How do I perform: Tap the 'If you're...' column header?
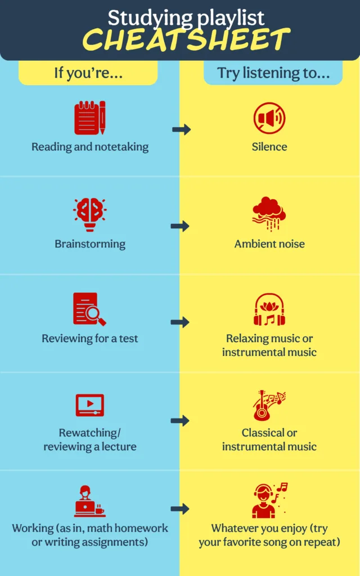88,73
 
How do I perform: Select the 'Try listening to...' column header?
273,73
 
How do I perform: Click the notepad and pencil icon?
90,118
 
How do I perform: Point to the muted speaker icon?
269,118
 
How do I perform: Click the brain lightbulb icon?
90,214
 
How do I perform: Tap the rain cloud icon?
269,214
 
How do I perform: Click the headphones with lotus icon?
269,310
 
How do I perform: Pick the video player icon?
90,405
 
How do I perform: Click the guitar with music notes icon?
269,406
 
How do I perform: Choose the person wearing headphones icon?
269,501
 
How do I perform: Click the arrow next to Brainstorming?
181,226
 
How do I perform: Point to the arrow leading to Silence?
181,130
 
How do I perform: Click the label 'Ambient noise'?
269,244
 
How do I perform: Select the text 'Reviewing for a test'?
90,339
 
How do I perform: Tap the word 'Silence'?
269,147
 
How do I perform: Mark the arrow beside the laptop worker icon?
181,509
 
